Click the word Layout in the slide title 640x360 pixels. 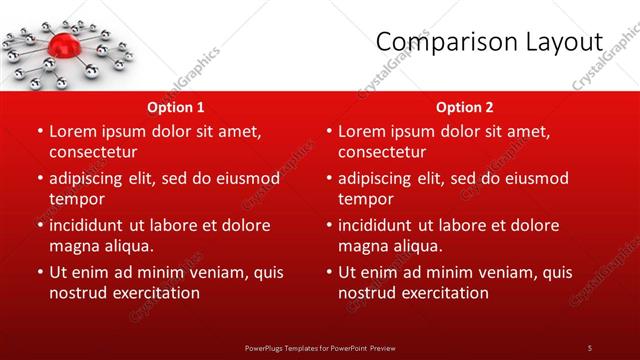[567, 42]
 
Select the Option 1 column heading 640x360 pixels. [176, 107]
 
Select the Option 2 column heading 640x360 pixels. [465, 107]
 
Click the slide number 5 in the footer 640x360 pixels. [589, 347]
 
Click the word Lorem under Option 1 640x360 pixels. [73, 131]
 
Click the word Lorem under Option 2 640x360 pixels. [362, 131]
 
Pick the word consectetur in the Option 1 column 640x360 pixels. [93, 152]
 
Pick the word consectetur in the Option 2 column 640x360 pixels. [382, 152]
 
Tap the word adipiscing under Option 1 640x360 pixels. [89, 178]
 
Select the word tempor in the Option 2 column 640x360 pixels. [364, 199]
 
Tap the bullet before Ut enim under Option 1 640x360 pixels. [40, 272]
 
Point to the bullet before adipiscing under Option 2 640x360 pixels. [329, 178]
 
